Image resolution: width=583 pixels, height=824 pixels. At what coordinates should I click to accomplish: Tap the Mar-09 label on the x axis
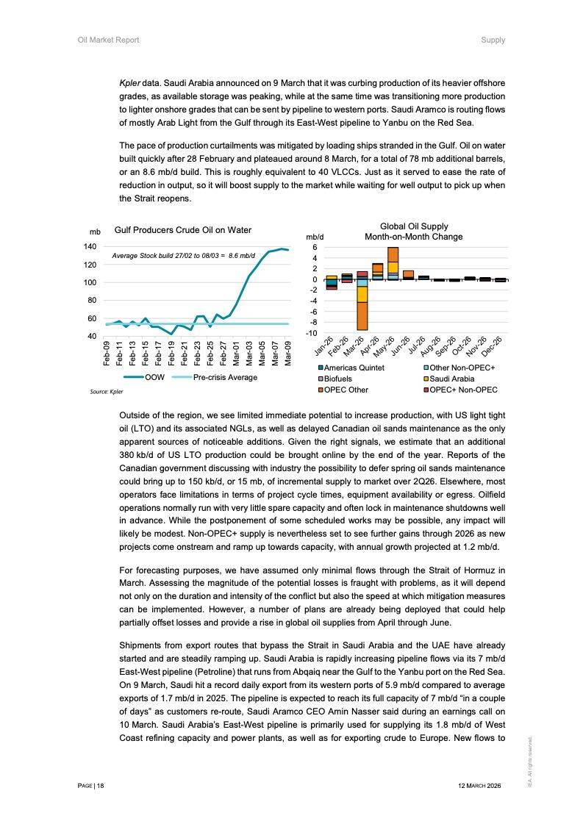pyautogui.click(x=287, y=354)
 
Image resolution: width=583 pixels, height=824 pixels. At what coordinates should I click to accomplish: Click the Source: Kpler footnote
pyautogui.click(x=107, y=392)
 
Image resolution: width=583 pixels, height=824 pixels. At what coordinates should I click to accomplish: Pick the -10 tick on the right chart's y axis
pyautogui.click(x=312, y=333)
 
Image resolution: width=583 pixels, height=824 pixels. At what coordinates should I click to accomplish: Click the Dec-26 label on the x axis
pyautogui.click(x=490, y=344)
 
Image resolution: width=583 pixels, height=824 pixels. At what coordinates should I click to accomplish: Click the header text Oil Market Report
pyautogui.click(x=108, y=40)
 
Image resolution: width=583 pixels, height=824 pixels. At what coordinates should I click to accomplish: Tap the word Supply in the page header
pyautogui.click(x=493, y=40)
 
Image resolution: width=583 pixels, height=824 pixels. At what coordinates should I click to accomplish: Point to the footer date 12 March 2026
pyautogui.click(x=479, y=786)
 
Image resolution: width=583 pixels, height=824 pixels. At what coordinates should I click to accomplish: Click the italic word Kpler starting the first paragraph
pyautogui.click(x=129, y=83)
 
